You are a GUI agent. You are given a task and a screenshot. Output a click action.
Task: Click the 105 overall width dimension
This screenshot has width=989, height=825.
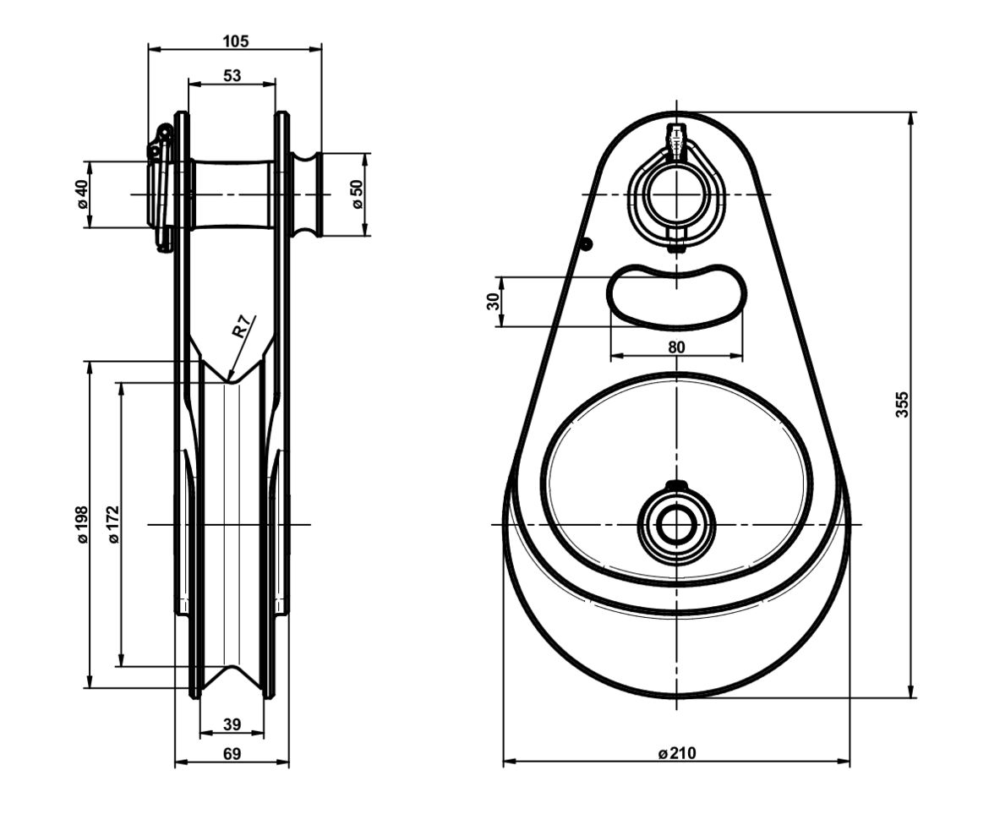click(235, 41)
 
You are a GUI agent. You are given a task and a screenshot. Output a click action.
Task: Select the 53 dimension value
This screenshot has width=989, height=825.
click(232, 76)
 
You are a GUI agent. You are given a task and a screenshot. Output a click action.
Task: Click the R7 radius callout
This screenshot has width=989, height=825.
click(242, 327)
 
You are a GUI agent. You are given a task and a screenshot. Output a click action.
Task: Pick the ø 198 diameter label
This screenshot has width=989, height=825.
click(82, 524)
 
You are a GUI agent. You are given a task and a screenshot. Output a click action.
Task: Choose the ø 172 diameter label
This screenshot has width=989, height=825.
click(113, 524)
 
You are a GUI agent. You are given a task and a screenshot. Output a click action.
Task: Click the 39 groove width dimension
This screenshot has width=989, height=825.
click(232, 724)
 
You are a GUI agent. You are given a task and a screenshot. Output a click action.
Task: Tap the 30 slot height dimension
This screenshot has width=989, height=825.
click(493, 301)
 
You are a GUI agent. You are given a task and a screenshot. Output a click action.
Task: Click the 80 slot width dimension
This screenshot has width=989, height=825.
click(676, 347)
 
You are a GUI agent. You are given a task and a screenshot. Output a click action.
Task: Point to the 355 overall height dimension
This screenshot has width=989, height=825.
click(902, 405)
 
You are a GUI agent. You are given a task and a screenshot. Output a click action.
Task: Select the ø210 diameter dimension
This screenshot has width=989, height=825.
click(676, 752)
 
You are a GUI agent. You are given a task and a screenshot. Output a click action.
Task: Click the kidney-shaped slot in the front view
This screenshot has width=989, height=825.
click(677, 296)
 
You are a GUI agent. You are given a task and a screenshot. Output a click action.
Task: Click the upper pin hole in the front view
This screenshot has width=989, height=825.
click(676, 194)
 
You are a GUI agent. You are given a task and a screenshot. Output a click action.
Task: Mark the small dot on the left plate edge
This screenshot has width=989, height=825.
click(587, 243)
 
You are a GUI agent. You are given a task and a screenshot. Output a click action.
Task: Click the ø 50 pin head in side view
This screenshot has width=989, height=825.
click(307, 194)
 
